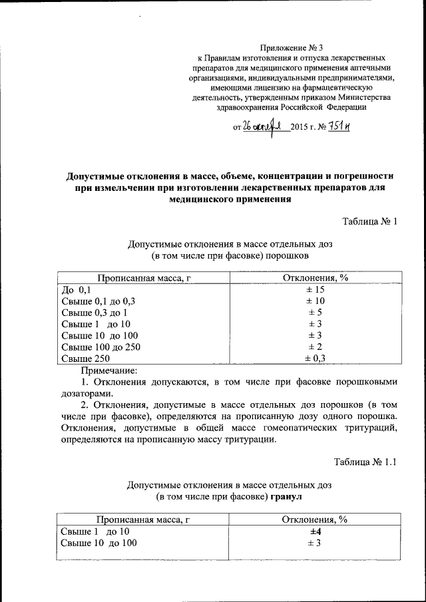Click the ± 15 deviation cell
315,289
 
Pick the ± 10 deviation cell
315,301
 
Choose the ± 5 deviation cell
315,312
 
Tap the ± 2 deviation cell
315,347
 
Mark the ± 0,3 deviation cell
315,358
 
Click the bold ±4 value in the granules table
315,531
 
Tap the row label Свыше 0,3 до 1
95,312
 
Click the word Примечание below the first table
108,369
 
